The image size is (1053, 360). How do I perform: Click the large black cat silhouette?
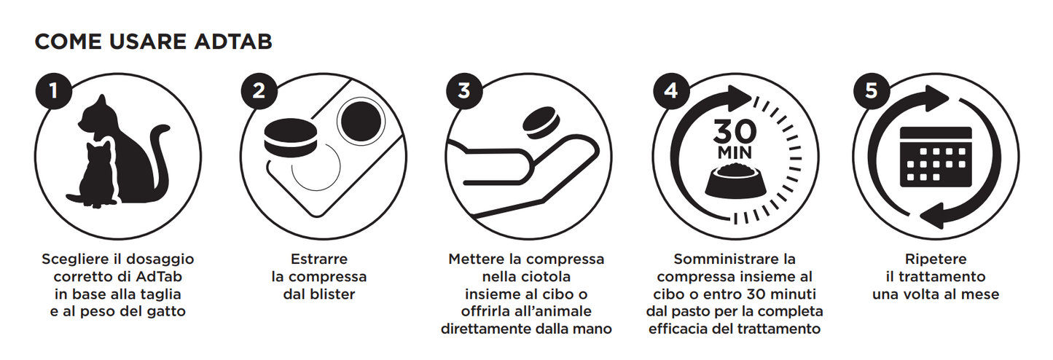pos(131,146)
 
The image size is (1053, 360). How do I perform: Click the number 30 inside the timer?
pos(735,133)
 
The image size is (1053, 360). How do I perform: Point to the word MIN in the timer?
pos(735,154)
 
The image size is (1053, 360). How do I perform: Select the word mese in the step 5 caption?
pos(982,294)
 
